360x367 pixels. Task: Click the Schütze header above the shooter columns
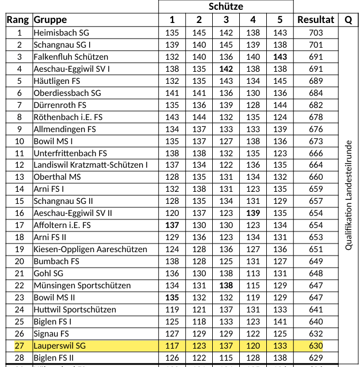coord(226,7)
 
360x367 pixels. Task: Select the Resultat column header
coord(316,20)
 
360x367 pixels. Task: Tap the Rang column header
coord(18,20)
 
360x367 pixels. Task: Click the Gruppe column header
coord(50,20)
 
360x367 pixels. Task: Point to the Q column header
coord(348,20)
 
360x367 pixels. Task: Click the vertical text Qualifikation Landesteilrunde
coord(348,195)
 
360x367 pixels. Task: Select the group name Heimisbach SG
coord(61,33)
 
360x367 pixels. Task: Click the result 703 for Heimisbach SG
coord(316,33)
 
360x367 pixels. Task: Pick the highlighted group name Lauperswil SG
coord(59,346)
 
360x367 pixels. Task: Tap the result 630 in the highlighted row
coord(316,346)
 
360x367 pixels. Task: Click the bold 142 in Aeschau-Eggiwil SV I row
coord(226,69)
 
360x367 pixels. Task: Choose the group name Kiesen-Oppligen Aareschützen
coord(90,249)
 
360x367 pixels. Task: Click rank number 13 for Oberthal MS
coord(19,177)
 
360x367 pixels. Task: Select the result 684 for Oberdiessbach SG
coord(316,93)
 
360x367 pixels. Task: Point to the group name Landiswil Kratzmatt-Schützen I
coord(90,165)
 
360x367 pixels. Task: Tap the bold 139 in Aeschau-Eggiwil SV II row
coord(253,213)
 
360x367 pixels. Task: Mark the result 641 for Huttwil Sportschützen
coord(316,310)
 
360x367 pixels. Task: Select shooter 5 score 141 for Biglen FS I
coord(280,322)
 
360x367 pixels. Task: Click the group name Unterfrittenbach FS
coord(70,153)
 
